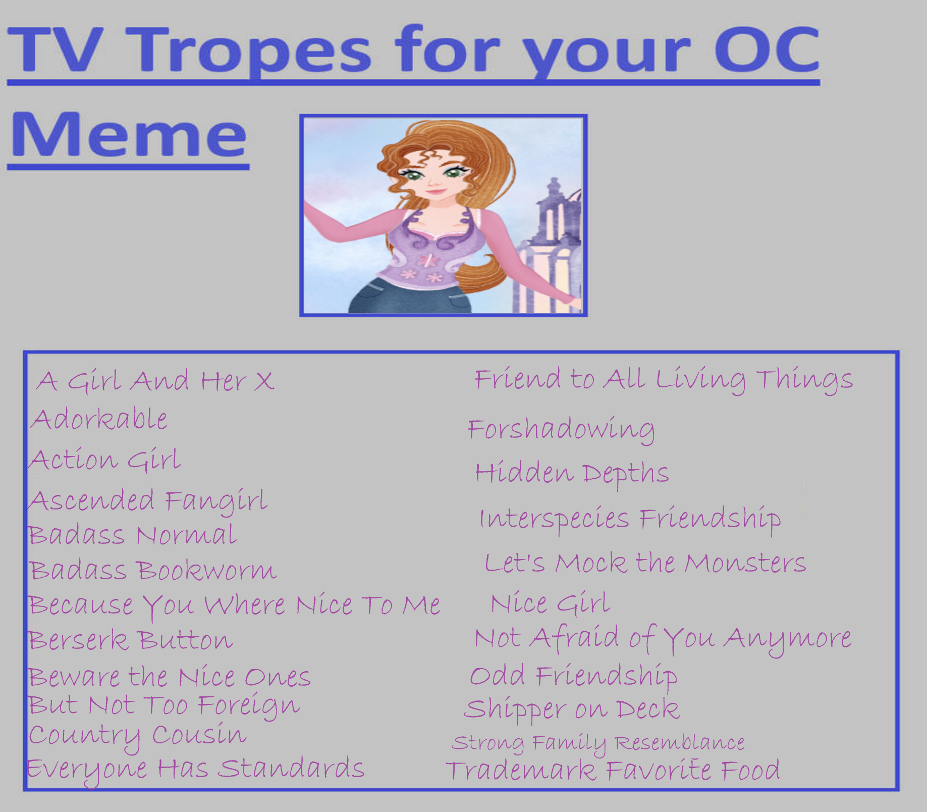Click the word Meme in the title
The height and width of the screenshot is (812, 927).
129,133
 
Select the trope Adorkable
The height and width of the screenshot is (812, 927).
99,420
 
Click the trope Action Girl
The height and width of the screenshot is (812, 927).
104,460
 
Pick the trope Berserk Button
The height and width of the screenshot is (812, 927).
131,640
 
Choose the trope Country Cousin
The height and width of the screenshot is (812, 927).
137,736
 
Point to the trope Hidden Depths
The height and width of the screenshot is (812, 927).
572,474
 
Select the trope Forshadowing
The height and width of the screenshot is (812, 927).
561,430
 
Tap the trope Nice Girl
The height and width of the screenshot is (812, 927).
551,603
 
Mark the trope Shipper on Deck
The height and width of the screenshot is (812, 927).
572,709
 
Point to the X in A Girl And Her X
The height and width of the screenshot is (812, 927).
263,381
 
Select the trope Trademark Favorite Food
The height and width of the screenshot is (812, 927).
613,771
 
